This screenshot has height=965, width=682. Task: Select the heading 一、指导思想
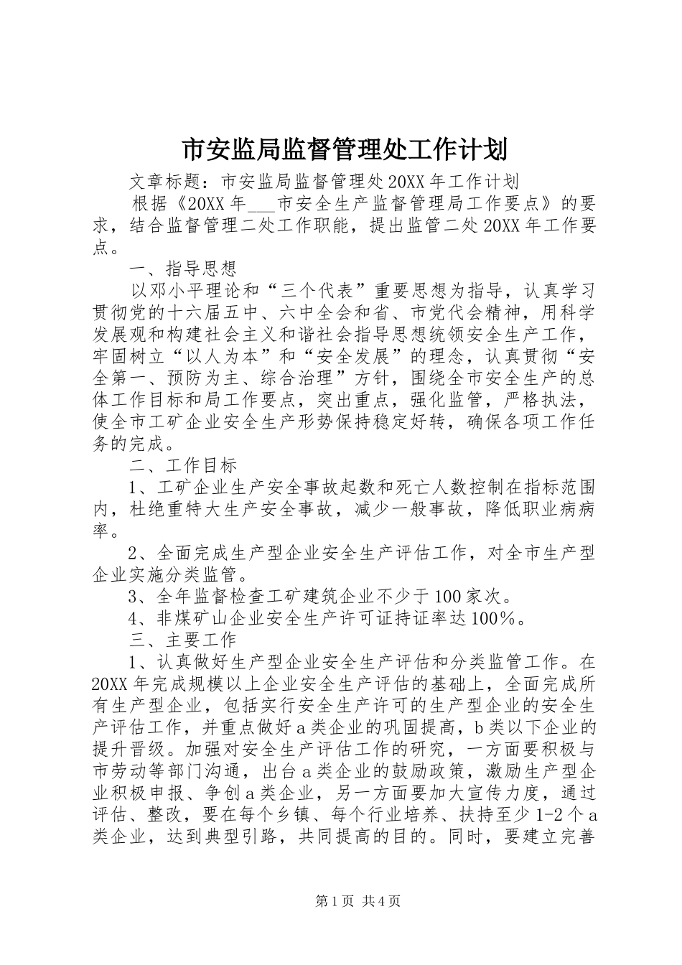[182, 270]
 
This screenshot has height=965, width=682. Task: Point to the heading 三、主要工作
[182, 639]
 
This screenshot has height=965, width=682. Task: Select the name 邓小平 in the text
[183, 292]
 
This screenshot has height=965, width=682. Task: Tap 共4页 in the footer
[382, 921]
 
